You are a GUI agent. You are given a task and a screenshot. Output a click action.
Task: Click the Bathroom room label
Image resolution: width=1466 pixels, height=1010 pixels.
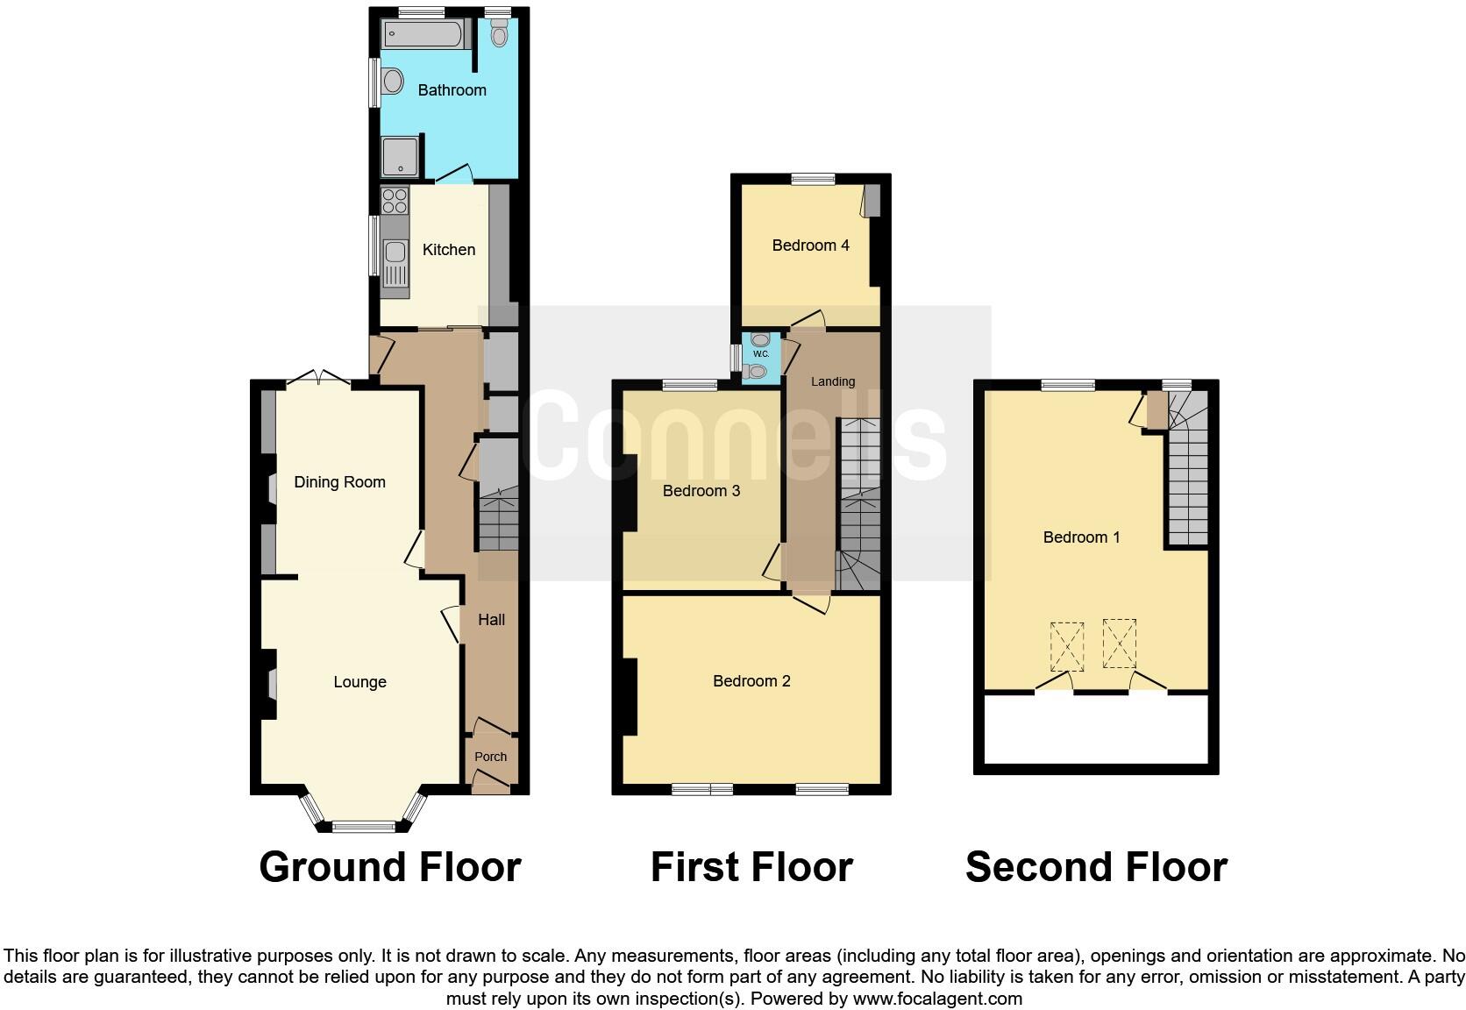click(452, 90)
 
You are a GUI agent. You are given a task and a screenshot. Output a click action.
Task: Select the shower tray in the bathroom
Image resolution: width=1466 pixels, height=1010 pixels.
click(401, 158)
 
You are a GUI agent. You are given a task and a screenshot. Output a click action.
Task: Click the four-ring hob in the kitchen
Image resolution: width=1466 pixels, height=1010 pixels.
click(395, 202)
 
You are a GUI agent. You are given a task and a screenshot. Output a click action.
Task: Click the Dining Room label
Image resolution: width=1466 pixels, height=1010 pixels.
click(339, 482)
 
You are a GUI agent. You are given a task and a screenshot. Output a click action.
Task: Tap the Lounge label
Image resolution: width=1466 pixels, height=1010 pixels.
click(359, 682)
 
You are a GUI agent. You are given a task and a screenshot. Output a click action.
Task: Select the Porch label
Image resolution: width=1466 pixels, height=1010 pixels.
click(490, 757)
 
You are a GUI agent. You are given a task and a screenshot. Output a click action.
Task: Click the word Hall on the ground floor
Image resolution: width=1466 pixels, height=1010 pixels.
click(491, 620)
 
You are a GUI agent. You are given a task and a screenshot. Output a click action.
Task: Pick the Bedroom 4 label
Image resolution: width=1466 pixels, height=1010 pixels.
click(810, 245)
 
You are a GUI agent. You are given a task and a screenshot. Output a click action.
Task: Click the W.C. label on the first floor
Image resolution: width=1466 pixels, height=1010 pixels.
click(760, 354)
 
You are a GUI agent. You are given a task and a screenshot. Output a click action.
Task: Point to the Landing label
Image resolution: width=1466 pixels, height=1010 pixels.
click(832, 381)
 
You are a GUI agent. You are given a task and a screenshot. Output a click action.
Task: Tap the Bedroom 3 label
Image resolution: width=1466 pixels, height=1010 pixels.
click(701, 491)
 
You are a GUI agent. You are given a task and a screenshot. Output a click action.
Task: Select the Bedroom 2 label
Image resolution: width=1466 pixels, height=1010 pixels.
click(751, 681)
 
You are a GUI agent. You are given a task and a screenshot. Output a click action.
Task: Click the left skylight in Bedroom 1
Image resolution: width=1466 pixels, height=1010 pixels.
click(1066, 645)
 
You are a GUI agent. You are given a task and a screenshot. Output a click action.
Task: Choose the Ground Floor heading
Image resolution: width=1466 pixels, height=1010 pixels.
click(390, 867)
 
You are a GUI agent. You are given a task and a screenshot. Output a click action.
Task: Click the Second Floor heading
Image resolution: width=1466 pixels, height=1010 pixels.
click(1095, 867)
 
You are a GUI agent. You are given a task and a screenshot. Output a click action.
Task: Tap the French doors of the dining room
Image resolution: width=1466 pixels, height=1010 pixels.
click(318, 381)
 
